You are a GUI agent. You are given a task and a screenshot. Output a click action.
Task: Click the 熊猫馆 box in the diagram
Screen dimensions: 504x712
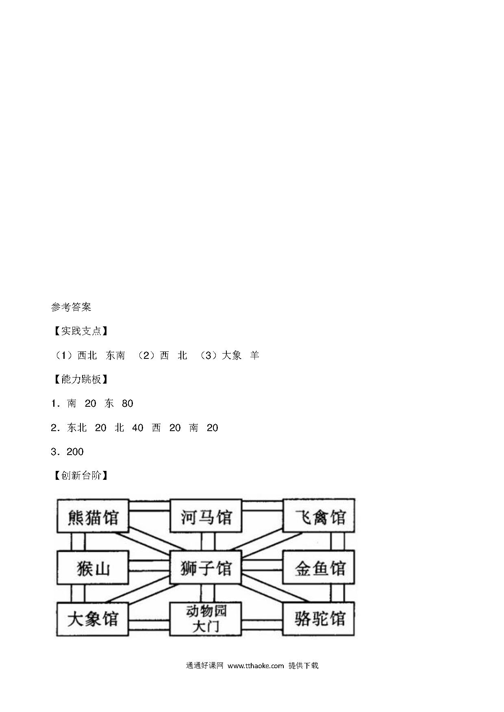tap(93, 516)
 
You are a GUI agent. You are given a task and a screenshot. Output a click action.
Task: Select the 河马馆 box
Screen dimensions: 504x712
tap(206, 516)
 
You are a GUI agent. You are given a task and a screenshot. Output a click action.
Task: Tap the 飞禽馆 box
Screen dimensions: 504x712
tap(319, 516)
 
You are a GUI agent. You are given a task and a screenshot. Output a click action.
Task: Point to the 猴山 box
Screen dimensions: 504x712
tap(93, 567)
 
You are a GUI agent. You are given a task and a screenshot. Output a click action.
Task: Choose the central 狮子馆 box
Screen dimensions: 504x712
tap(206, 567)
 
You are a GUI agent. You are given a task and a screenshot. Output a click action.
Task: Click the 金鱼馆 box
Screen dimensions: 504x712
tap(319, 567)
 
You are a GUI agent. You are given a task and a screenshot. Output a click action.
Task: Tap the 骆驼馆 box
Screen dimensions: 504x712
tap(319, 619)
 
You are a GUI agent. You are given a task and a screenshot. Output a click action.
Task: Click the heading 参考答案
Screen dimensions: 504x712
tap(71, 307)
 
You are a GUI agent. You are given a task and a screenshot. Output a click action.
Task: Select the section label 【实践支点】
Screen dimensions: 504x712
tap(81, 331)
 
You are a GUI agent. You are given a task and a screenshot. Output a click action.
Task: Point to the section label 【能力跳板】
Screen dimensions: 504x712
tap(81, 380)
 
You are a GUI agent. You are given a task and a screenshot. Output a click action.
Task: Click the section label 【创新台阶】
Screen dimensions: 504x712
tap(81, 476)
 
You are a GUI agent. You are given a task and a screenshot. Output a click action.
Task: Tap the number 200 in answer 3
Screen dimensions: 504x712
tap(75, 452)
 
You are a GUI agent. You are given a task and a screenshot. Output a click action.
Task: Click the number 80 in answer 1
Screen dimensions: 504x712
tap(128, 403)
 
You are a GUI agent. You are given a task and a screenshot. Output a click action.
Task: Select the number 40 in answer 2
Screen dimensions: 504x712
tap(138, 428)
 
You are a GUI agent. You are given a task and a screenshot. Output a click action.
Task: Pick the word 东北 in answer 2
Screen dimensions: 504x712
tap(77, 428)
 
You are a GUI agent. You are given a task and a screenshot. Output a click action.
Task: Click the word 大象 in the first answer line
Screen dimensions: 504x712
tap(232, 356)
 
